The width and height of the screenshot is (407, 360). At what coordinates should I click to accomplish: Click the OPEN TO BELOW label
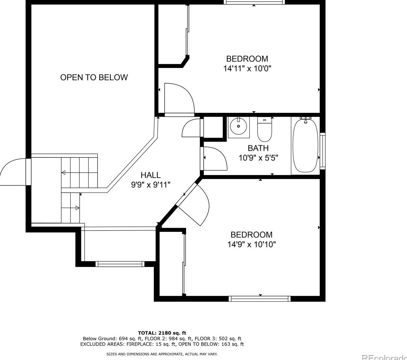point(94,77)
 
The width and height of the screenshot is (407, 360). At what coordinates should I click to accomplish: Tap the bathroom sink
point(239,126)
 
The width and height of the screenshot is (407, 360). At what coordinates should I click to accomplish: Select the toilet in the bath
point(265,129)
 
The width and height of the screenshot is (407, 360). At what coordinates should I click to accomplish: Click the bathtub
point(305,146)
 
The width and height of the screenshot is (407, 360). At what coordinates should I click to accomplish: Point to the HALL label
point(150,175)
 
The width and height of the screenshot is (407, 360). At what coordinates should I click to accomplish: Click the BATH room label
point(258,148)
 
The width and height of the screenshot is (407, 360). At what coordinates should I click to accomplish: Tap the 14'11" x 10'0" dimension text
point(247,69)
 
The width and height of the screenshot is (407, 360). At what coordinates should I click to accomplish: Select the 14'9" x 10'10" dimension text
point(251,244)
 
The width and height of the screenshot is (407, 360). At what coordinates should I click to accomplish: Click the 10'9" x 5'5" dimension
point(258,158)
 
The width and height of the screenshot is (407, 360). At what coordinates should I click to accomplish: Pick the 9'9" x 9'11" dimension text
point(150,185)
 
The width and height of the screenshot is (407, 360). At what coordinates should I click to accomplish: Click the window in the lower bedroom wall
point(260,299)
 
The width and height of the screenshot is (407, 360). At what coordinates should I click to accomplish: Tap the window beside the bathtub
point(322,151)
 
